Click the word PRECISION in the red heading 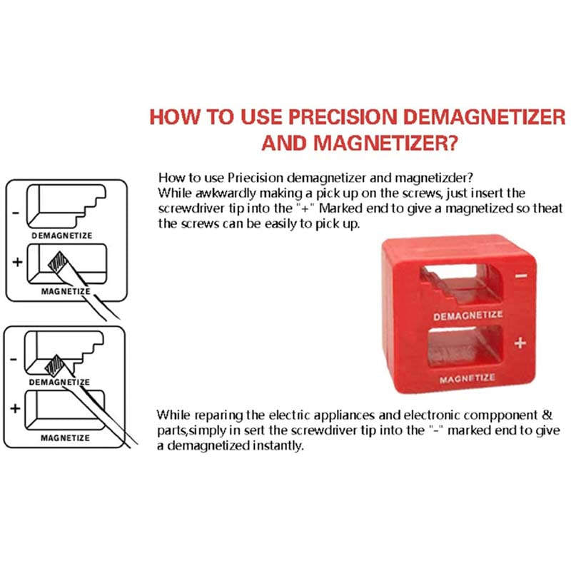343,117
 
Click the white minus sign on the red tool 521,276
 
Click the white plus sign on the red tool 520,343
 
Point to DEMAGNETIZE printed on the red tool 468,315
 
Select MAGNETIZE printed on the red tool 468,379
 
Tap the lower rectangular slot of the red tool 465,346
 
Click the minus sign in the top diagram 16,212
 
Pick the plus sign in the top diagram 17,262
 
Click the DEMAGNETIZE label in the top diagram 62,236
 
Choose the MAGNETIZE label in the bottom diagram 65,438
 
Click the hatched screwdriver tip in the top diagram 59,262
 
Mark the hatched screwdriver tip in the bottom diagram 55,365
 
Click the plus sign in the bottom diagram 15,408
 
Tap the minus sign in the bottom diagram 14,360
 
